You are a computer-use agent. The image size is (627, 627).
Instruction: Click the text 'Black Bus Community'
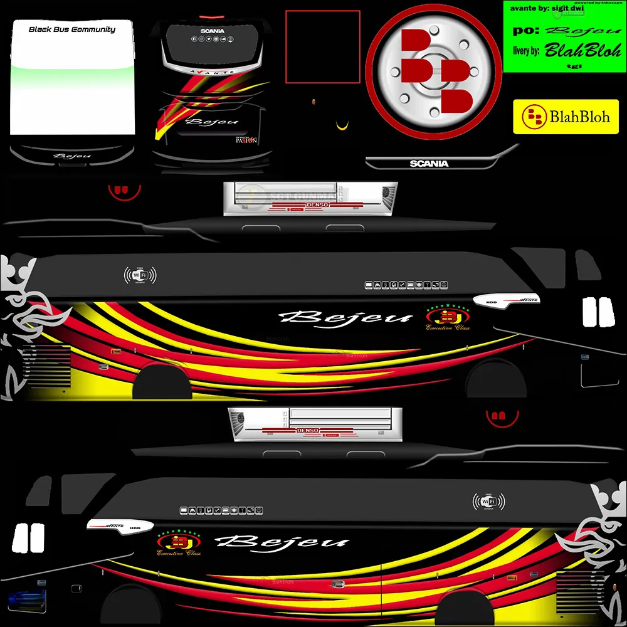click(72, 29)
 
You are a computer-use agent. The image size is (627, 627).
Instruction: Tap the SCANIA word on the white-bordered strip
click(429, 164)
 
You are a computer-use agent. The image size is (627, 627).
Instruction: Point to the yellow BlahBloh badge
click(566, 116)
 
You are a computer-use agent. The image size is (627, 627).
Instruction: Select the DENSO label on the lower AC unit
click(308, 430)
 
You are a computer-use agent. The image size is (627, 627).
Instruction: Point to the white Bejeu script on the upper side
click(347, 317)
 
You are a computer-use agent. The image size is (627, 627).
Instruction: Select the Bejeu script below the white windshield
click(72, 155)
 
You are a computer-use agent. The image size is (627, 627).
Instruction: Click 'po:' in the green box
click(524, 29)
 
